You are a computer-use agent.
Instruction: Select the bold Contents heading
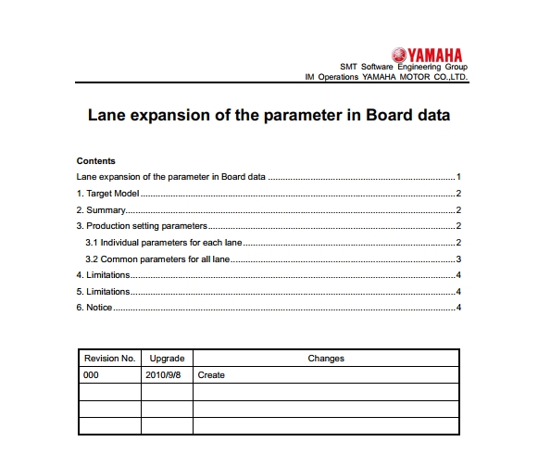click(x=95, y=161)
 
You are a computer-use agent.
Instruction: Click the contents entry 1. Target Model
click(x=106, y=193)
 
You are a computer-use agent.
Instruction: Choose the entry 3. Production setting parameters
click(x=141, y=226)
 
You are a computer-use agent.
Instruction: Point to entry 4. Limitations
click(x=102, y=275)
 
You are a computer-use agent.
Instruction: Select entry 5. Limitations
click(x=102, y=292)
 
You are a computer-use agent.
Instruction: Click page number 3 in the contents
click(x=458, y=259)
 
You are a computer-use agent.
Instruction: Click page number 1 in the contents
click(x=458, y=176)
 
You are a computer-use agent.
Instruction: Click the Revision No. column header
click(x=109, y=358)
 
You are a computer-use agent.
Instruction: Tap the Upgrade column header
click(x=167, y=358)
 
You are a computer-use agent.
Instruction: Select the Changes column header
click(x=325, y=358)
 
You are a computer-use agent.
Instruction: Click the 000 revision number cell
click(x=91, y=375)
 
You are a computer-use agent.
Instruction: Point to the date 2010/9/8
click(x=164, y=375)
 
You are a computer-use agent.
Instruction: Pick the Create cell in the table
click(x=211, y=375)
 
